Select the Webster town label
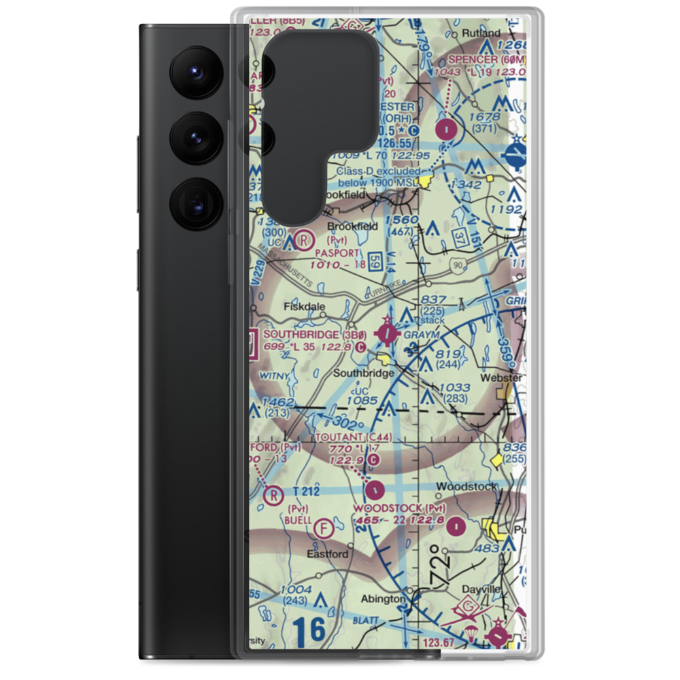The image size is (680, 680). coord(501,377)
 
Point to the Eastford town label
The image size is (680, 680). coord(327,554)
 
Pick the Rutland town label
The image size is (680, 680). coord(481,33)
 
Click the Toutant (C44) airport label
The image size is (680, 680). coord(354,437)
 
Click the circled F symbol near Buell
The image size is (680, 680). coord(327,526)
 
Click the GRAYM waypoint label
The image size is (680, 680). coord(422,335)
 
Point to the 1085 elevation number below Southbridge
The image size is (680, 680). coord(362,401)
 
